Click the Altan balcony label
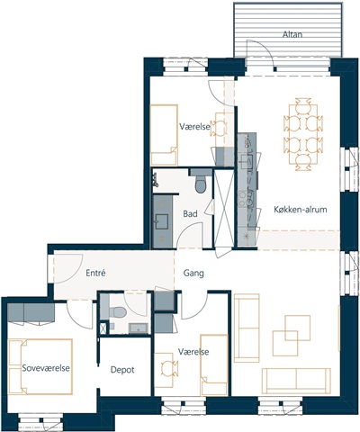click(x=292, y=34)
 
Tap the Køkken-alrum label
click(x=301, y=210)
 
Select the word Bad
click(x=190, y=214)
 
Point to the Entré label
click(x=95, y=273)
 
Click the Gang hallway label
click(x=193, y=274)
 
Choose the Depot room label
click(x=122, y=370)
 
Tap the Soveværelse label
click(x=46, y=368)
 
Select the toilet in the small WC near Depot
click(x=118, y=312)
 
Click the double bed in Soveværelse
click(x=40, y=366)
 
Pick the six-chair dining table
click(x=303, y=134)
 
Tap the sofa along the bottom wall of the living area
click(x=296, y=381)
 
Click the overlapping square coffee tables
click(x=292, y=336)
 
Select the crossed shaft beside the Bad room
click(x=224, y=208)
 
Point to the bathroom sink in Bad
click(x=162, y=221)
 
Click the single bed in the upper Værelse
click(x=164, y=135)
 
